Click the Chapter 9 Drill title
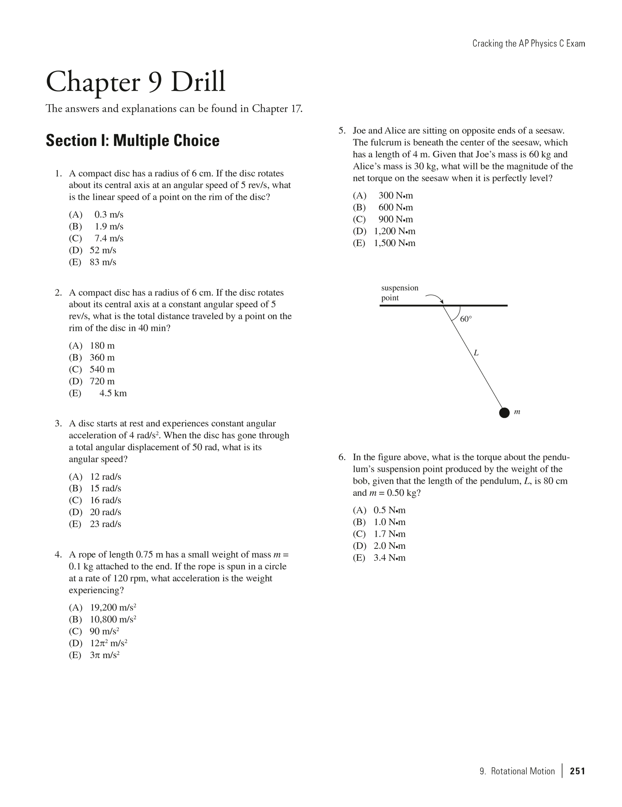coord(135,82)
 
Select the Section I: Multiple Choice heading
coord(132,141)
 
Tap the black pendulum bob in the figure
coord(504,412)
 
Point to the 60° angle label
coord(466,319)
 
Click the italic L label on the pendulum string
coord(476,353)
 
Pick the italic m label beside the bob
coord(517,412)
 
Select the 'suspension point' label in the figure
coord(400,293)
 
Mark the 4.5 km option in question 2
coord(113,393)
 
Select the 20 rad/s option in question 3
coord(105,512)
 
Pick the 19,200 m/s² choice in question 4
coord(113,608)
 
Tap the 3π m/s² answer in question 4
coord(104,655)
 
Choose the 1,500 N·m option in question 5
coord(394,243)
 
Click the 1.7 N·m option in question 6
coord(389,534)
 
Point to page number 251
coord(577,771)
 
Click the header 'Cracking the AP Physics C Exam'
coord(528,44)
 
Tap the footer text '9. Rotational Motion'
coord(517,771)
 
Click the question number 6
coord(342,457)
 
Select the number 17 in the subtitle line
coord(296,109)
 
